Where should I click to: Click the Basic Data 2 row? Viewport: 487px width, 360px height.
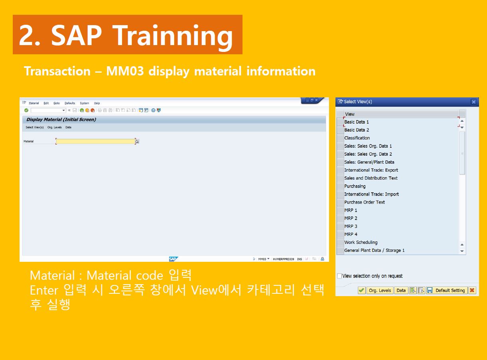tap(357, 130)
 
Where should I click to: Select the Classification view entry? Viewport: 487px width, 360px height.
tap(357, 138)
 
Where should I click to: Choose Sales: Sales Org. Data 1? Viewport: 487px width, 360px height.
tap(368, 146)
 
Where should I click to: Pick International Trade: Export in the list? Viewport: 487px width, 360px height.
tap(371, 170)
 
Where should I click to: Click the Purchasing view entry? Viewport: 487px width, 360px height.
tap(355, 186)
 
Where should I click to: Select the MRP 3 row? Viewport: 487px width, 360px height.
tap(351, 226)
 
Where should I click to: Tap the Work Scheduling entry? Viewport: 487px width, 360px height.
tap(361, 242)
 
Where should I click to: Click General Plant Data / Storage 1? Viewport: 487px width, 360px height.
tap(374, 250)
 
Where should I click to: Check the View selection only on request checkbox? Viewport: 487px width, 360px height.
tap(339, 276)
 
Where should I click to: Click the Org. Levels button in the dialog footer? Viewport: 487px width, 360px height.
tap(380, 291)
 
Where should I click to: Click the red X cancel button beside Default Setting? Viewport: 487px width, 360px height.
tap(472, 291)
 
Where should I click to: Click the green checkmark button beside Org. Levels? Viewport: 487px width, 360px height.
tap(361, 291)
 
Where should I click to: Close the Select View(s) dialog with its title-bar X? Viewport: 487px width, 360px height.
tap(473, 102)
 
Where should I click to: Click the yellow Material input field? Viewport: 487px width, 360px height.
tap(96, 141)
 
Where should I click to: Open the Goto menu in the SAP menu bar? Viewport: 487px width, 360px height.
tap(56, 103)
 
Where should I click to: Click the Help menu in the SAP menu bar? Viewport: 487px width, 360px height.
tap(97, 103)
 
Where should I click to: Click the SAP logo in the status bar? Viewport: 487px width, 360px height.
tap(173, 259)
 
